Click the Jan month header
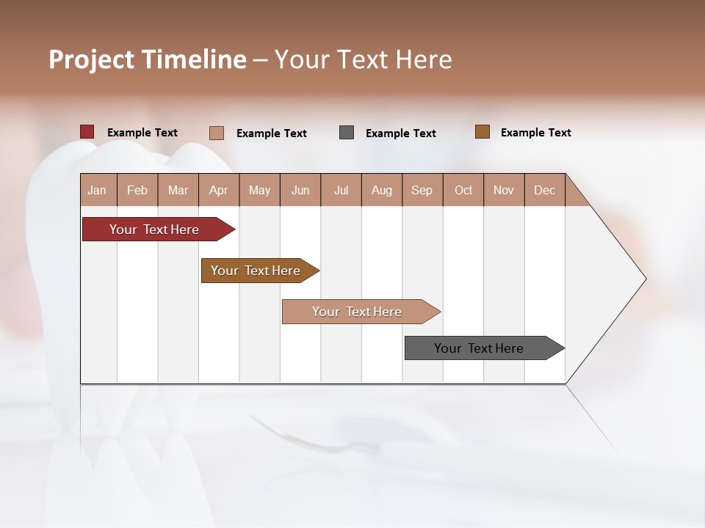click(98, 191)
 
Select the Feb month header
click(137, 191)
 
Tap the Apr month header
click(219, 191)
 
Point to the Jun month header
click(300, 191)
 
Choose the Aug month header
click(382, 191)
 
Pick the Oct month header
click(463, 191)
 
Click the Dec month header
click(545, 191)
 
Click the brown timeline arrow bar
click(257, 271)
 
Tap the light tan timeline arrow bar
click(358, 312)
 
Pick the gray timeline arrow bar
click(481, 348)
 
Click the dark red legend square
click(87, 132)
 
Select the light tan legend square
click(217, 133)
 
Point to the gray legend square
click(347, 133)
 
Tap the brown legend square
click(482, 132)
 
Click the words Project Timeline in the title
click(148, 59)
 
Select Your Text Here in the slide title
click(364, 59)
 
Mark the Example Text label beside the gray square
click(401, 133)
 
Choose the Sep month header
click(422, 191)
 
